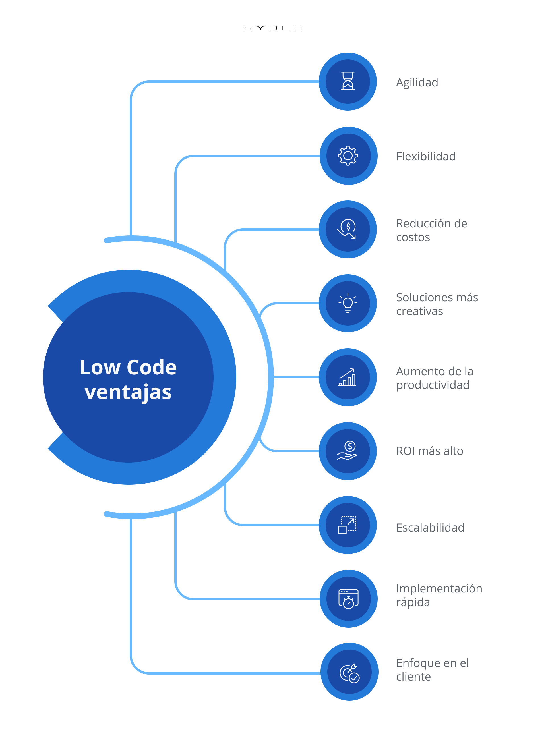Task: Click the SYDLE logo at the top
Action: click(x=273, y=28)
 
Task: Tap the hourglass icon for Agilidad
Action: click(x=348, y=81)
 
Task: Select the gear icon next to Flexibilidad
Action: click(x=348, y=156)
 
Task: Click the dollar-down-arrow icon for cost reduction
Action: click(x=347, y=229)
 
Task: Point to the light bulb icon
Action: click(x=348, y=303)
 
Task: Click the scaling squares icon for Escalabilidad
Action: click(x=348, y=525)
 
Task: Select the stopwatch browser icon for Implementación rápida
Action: click(x=348, y=599)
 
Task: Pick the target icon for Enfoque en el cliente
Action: click(x=349, y=673)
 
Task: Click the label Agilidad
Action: click(x=417, y=83)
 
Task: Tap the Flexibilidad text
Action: click(x=426, y=156)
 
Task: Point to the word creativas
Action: click(x=419, y=311)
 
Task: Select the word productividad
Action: click(x=433, y=385)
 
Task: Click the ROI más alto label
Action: click(x=430, y=451)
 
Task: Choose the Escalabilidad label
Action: click(x=430, y=528)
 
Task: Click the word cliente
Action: click(x=413, y=677)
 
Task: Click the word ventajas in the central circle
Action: click(x=128, y=393)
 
